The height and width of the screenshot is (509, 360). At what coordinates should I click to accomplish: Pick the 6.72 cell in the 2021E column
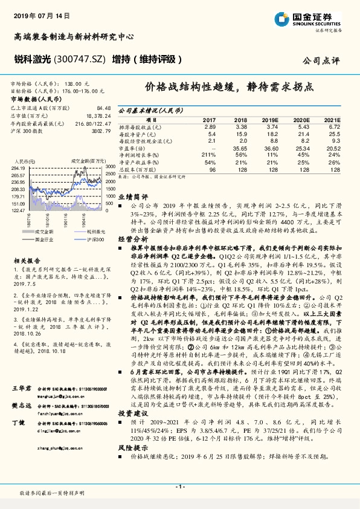click(333, 127)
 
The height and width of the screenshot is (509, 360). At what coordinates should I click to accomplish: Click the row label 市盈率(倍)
click(132, 148)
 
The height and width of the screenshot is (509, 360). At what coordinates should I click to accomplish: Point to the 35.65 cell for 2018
click(240, 148)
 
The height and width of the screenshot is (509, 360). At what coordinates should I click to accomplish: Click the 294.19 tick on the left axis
click(18, 167)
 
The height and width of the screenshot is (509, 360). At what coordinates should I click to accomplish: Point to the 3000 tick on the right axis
click(110, 167)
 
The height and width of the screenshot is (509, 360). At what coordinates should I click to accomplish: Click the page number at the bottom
click(179, 487)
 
